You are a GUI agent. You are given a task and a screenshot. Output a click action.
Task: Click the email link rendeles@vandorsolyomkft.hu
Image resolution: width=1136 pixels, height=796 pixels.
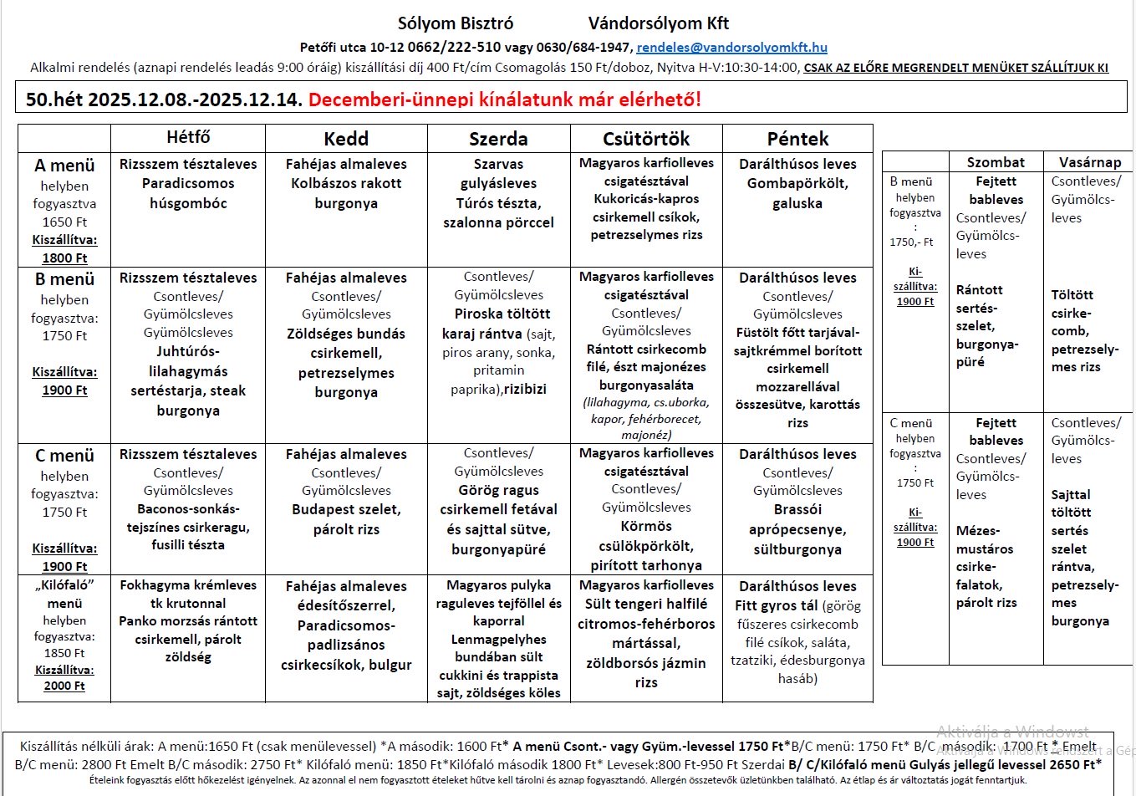click(x=731, y=48)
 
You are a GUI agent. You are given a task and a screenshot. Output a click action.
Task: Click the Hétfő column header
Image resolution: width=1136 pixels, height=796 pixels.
click(x=188, y=137)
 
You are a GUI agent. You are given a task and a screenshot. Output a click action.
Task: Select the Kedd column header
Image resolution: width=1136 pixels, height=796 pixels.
click(x=346, y=139)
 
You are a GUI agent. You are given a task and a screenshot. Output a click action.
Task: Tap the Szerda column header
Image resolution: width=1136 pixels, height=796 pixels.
click(x=498, y=139)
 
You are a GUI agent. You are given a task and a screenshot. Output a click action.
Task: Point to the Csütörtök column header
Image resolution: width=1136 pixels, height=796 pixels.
click(x=646, y=139)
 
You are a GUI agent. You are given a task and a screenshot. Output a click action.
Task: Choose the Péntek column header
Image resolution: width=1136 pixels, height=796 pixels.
click(x=797, y=139)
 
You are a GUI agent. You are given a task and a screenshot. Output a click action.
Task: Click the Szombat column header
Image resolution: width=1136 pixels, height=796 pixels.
click(x=996, y=162)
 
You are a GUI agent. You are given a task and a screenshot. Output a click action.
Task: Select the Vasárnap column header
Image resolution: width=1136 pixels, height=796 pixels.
click(x=1090, y=162)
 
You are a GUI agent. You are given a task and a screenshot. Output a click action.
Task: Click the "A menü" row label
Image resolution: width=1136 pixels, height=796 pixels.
click(x=64, y=166)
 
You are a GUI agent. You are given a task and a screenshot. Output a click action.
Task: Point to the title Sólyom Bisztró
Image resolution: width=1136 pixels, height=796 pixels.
click(x=456, y=23)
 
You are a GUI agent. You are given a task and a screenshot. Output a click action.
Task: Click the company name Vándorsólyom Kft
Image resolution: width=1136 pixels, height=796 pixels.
click(x=659, y=23)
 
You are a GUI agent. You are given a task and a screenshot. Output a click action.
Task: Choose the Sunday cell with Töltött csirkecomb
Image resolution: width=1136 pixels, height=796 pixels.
click(x=1084, y=330)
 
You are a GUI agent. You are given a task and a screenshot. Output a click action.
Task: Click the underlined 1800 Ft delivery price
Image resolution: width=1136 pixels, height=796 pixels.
click(x=64, y=258)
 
